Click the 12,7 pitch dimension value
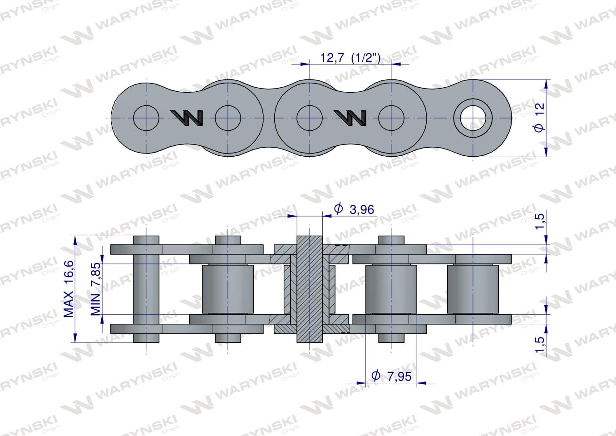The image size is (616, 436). click(x=332, y=58)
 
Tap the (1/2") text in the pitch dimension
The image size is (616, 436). click(x=366, y=58)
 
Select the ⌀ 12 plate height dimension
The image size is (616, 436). click(x=539, y=118)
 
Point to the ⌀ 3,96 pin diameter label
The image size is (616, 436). click(x=354, y=209)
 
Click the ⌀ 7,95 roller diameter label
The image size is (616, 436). click(x=391, y=376)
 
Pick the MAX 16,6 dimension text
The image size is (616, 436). click(x=69, y=288)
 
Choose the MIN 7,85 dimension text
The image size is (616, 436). click(x=95, y=289)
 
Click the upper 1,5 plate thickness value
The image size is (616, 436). click(x=540, y=221)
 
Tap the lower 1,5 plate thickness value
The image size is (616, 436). click(x=540, y=344)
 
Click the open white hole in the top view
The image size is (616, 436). click(x=473, y=118)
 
